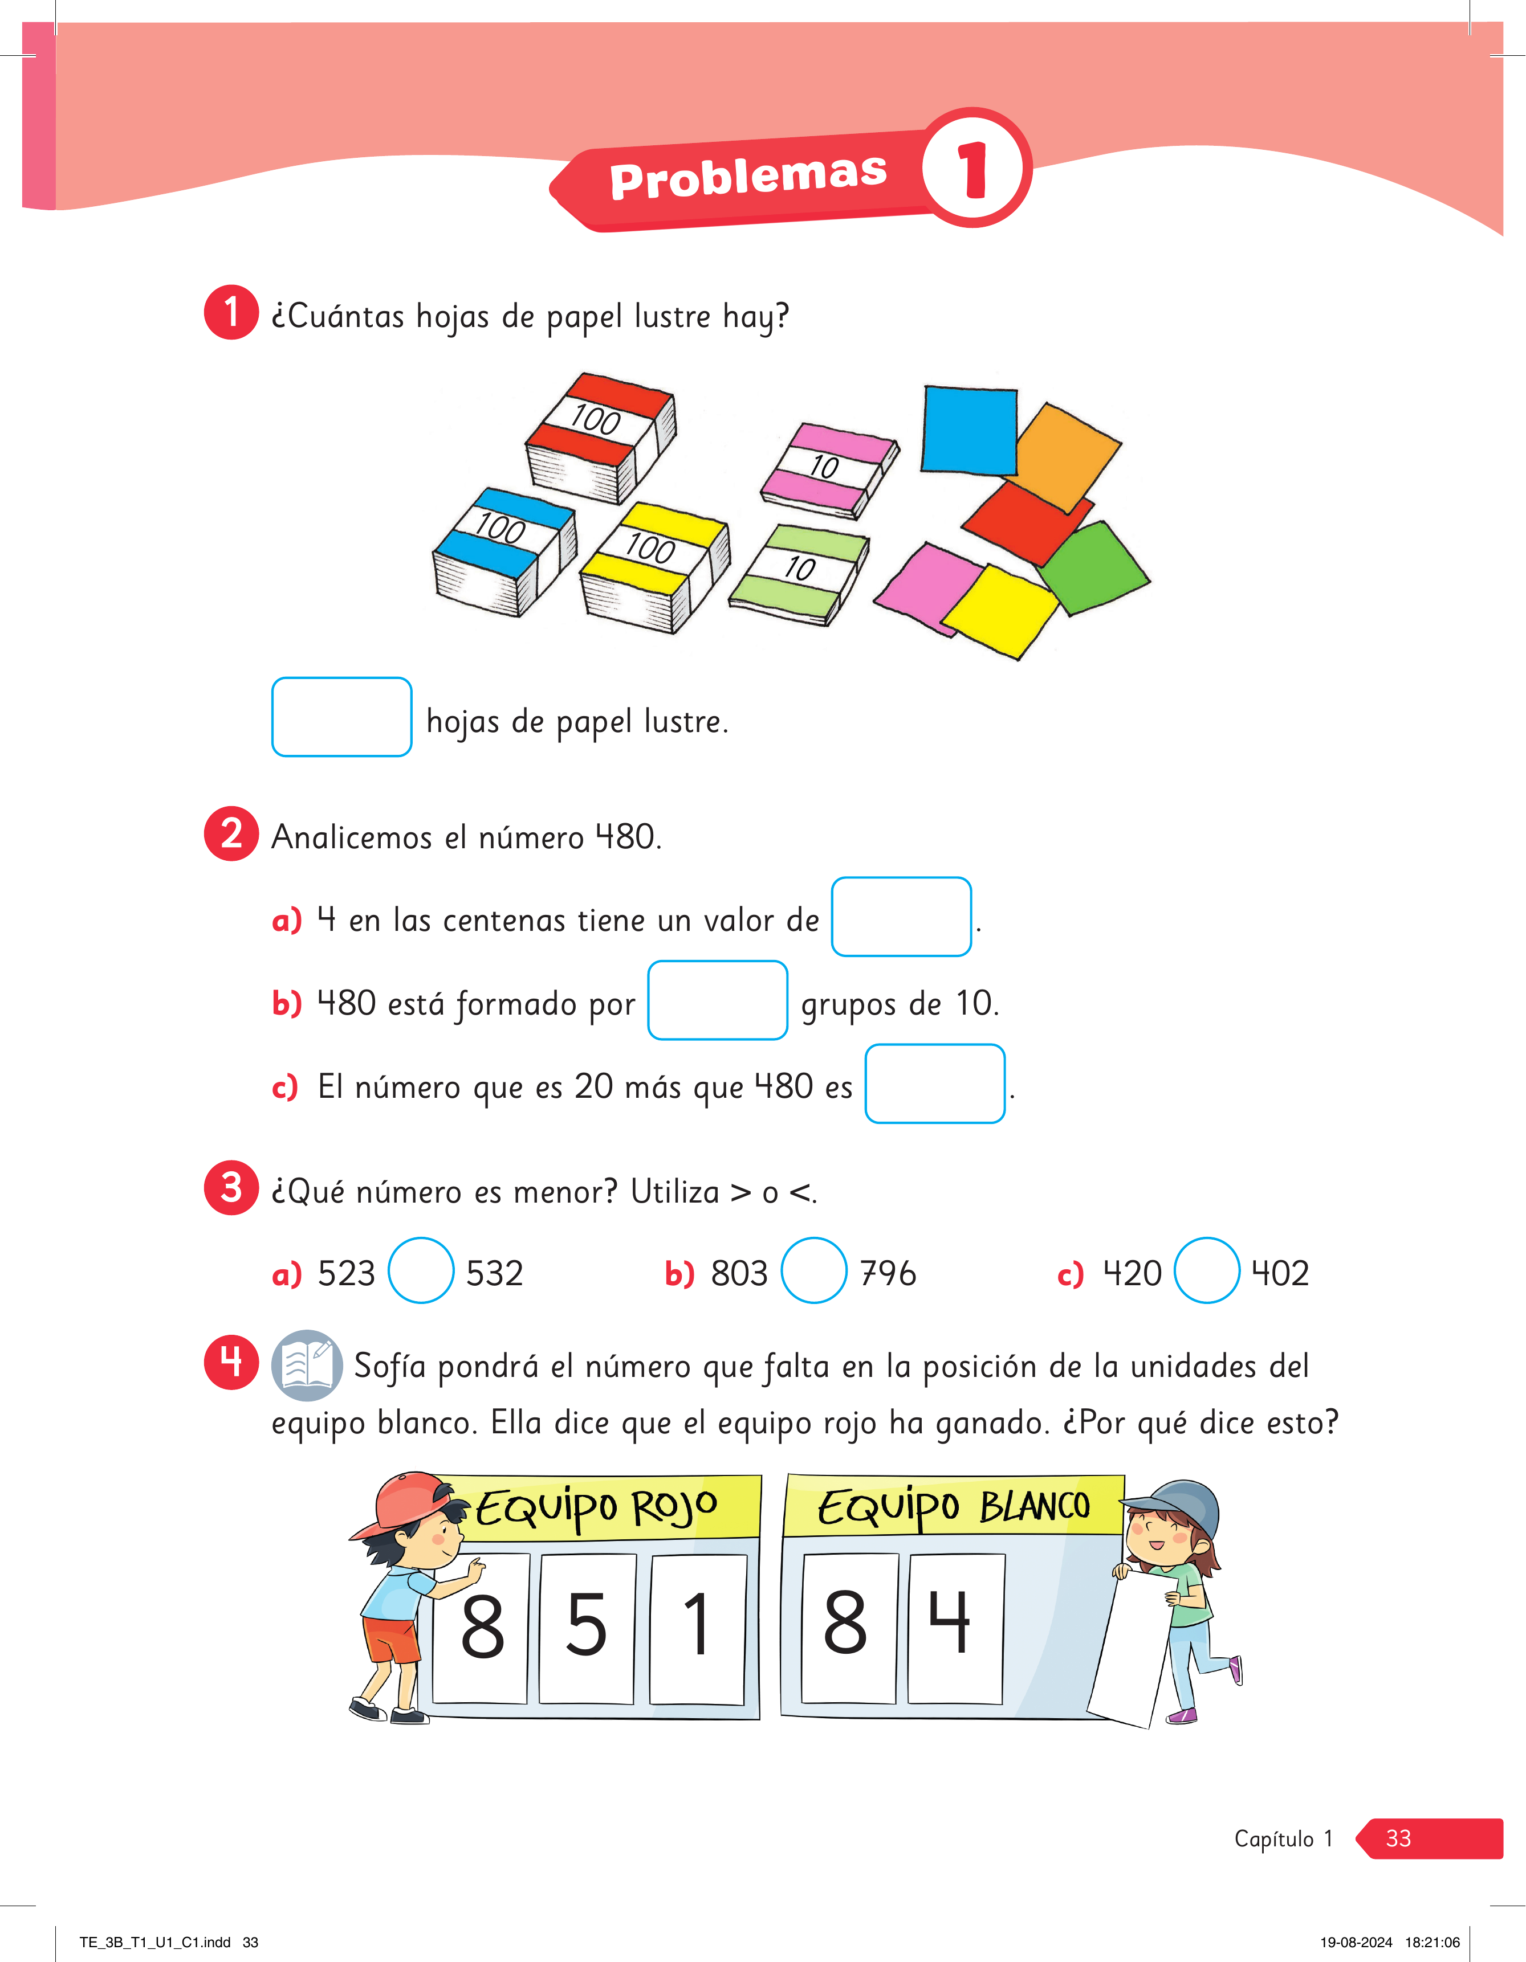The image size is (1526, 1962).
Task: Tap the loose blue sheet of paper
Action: (969, 430)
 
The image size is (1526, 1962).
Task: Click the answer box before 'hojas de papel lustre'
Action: (341, 717)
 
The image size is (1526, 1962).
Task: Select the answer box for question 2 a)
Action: (901, 916)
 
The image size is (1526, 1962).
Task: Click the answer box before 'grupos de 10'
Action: (718, 1000)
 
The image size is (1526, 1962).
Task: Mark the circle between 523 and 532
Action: (421, 1270)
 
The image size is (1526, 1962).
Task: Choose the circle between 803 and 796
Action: (814, 1270)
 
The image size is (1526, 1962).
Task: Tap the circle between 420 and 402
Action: (1207, 1270)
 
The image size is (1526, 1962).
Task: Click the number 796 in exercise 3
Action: (888, 1273)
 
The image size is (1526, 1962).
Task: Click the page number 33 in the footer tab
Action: (1398, 1838)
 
